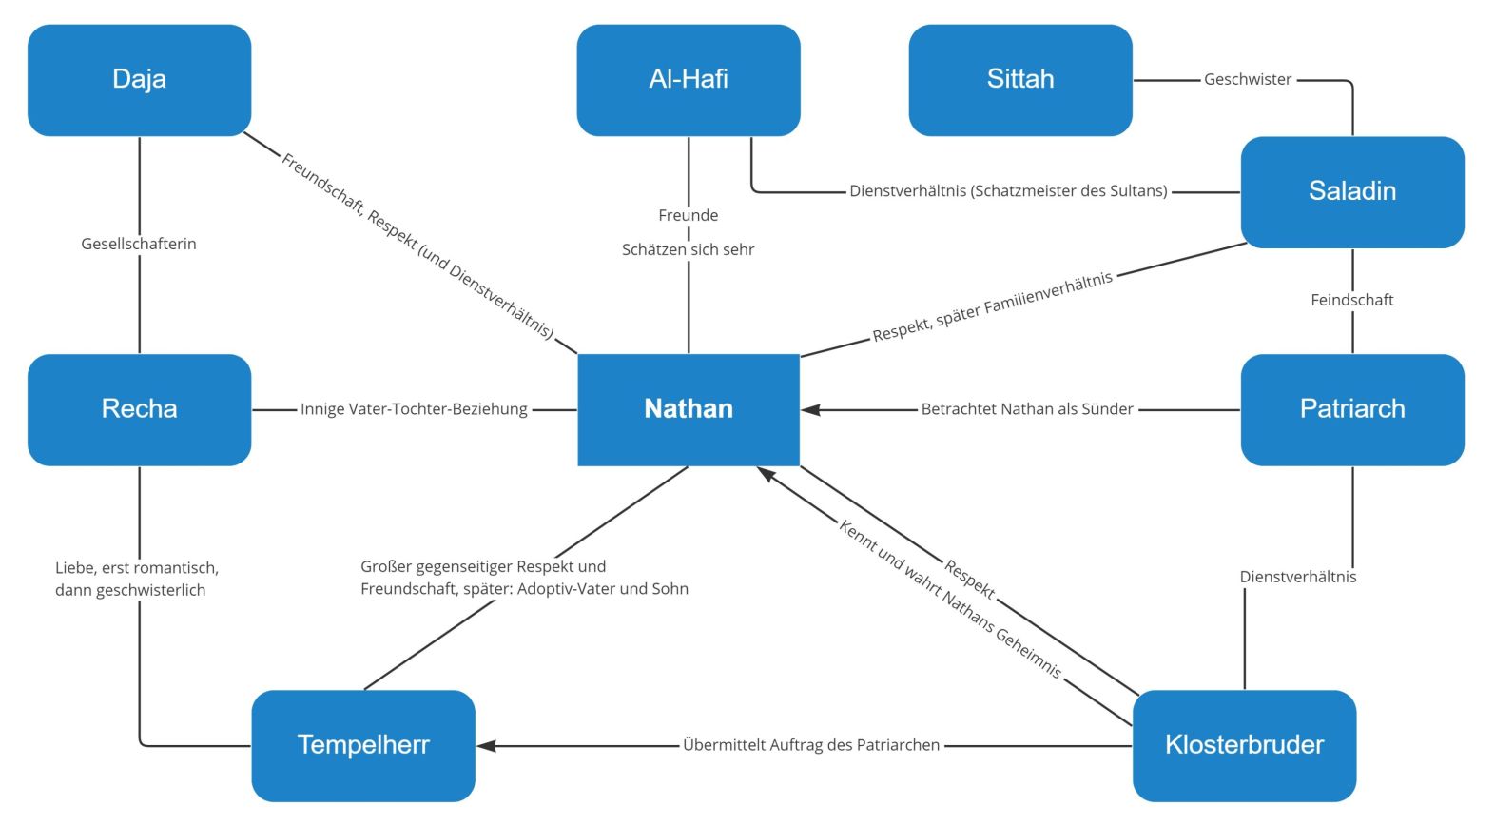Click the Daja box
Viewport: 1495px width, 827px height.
[x=139, y=80]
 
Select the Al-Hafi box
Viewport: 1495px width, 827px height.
[x=688, y=80]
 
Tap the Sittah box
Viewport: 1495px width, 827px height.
[x=1019, y=80]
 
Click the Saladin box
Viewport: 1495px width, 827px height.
[x=1351, y=191]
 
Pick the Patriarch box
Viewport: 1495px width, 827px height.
[x=1351, y=409]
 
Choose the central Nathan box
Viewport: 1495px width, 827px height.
[x=688, y=409]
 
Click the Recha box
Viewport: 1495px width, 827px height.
[x=139, y=409]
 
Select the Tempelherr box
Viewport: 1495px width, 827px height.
[x=362, y=745]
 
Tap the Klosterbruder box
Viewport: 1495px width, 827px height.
[x=1243, y=745]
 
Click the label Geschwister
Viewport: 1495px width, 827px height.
[x=1247, y=80]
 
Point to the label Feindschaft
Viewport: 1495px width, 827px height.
[x=1351, y=300]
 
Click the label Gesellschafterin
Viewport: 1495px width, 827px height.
[x=139, y=244]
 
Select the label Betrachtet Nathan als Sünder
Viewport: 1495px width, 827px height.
[x=1026, y=409]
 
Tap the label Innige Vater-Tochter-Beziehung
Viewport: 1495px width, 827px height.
[x=414, y=409]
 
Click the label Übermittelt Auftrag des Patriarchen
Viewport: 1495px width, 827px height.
[x=810, y=745]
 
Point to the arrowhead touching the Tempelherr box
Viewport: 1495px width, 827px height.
[x=486, y=745]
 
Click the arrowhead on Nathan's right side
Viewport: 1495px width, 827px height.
[x=810, y=409]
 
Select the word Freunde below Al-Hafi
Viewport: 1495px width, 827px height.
[x=688, y=215]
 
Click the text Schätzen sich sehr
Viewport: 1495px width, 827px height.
[x=688, y=249]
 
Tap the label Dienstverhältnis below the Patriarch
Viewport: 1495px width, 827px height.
[x=1297, y=577]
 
